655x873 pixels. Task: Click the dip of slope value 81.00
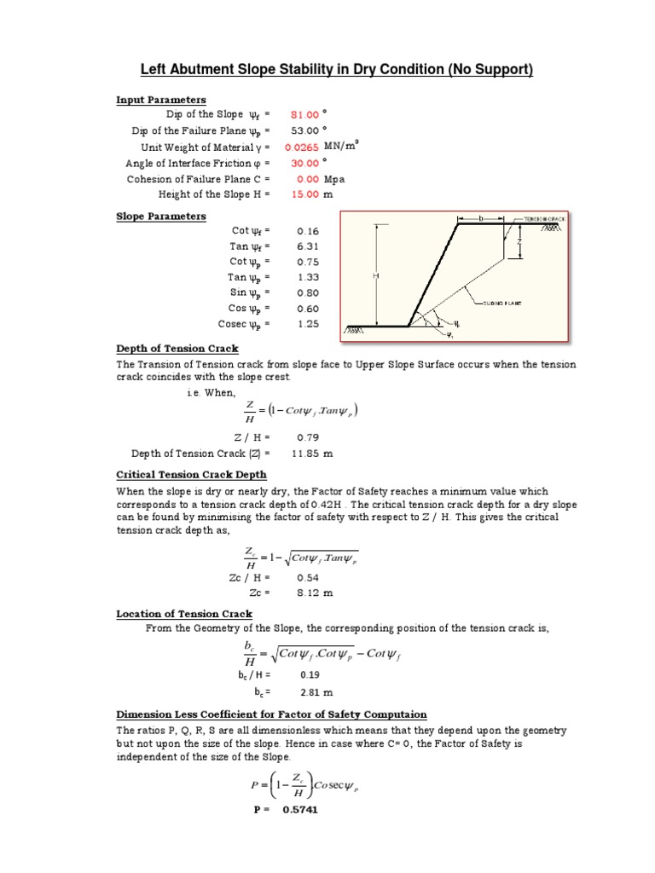[304, 115]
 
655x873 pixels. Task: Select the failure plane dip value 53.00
[304, 131]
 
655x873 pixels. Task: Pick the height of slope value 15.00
[304, 195]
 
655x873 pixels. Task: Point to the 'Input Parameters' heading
[161, 100]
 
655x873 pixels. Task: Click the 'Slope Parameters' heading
[161, 217]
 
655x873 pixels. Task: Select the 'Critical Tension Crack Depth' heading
[191, 475]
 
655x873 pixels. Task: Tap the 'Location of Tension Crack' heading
[184, 614]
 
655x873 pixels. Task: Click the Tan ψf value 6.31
[306, 247]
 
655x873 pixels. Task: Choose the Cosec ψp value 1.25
[306, 325]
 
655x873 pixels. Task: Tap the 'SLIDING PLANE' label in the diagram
[502, 303]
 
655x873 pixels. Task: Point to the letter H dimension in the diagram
[374, 276]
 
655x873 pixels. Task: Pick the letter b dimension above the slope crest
[480, 219]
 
